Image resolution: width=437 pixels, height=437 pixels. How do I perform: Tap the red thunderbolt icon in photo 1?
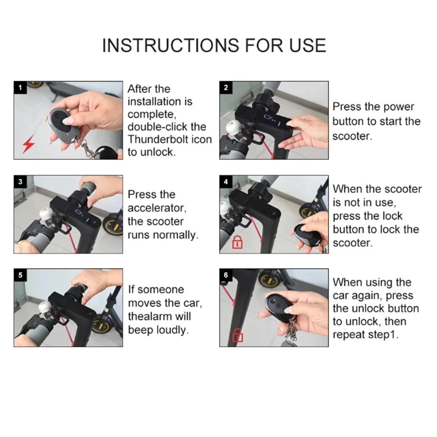(x=28, y=144)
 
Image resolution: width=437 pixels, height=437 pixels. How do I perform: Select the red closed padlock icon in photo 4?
(x=237, y=242)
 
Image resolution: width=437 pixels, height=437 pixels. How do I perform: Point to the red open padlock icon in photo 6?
(x=238, y=335)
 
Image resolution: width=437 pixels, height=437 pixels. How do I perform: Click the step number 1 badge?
(x=20, y=87)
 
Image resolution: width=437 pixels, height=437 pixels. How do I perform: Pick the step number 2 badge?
(x=226, y=87)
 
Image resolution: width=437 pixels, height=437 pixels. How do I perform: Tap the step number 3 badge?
(x=20, y=182)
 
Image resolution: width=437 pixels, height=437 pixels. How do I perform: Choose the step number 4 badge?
(x=226, y=182)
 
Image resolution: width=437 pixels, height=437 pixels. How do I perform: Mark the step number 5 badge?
(x=20, y=275)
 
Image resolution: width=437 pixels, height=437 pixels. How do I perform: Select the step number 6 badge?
(x=226, y=275)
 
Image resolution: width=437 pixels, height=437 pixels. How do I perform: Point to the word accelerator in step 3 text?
(x=157, y=208)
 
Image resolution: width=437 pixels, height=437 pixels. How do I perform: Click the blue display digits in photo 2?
(x=272, y=120)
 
